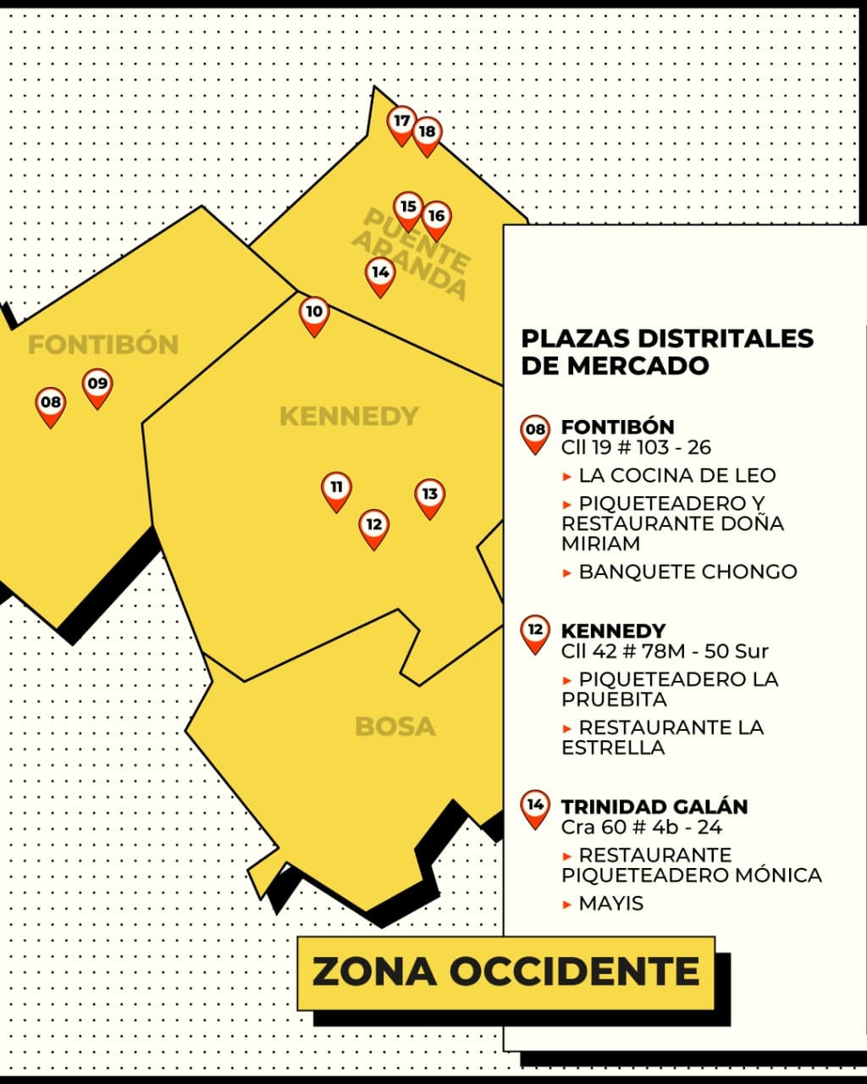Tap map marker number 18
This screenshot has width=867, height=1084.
click(x=427, y=133)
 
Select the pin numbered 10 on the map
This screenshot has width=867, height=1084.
click(x=314, y=313)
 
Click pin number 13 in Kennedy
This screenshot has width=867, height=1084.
click(x=429, y=495)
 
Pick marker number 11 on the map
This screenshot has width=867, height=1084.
click(x=336, y=489)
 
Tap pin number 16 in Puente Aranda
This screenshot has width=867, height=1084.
click(x=436, y=218)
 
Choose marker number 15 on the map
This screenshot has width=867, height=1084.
click(x=408, y=207)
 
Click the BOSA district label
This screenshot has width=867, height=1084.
click(x=395, y=727)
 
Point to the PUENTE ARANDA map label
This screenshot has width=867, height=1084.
click(x=411, y=253)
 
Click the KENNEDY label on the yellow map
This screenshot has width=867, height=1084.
click(x=349, y=416)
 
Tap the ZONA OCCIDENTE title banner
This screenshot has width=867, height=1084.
click(x=506, y=972)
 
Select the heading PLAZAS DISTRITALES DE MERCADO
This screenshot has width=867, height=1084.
click(x=667, y=351)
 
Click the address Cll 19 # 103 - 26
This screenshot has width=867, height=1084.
click(x=636, y=447)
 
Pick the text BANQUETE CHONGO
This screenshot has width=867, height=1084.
click(x=688, y=572)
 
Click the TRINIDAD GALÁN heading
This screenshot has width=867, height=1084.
click(x=654, y=806)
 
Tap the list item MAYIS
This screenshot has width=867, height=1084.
click(x=610, y=904)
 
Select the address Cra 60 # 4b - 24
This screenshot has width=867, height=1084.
click(x=641, y=827)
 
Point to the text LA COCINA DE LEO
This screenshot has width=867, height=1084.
click(x=676, y=475)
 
